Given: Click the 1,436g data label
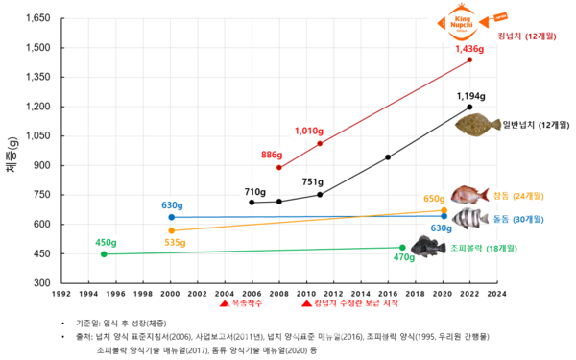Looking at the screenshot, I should [x=468, y=49].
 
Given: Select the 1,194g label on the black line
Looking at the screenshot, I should [x=470, y=96].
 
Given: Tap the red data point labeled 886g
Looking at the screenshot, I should [x=279, y=167].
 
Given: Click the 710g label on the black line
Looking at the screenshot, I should [x=254, y=191].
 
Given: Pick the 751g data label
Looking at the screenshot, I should [x=313, y=181].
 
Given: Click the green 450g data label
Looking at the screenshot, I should [x=106, y=242].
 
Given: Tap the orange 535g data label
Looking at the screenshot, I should [x=175, y=243].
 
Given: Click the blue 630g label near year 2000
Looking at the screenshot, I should [x=172, y=205].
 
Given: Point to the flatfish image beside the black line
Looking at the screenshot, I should [x=479, y=125].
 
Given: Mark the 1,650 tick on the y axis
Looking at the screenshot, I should [x=37, y=19].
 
